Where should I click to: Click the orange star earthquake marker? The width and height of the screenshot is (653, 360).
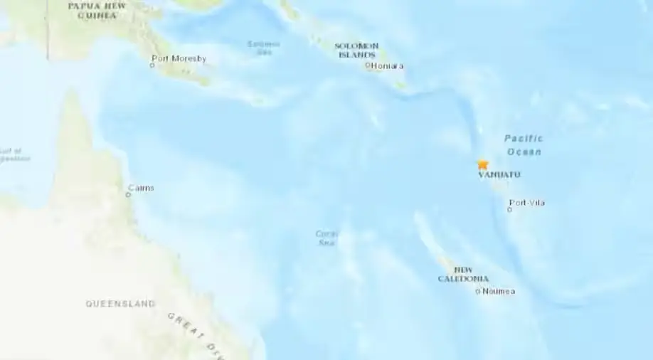click(x=483, y=164)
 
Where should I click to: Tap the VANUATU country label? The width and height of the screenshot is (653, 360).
click(x=499, y=175)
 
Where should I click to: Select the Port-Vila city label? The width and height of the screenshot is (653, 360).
click(x=528, y=203)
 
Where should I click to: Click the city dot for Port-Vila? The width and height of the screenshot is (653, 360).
click(x=509, y=210)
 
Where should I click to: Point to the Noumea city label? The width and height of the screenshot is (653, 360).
click(x=499, y=291)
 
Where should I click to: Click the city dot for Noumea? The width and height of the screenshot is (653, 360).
click(x=478, y=291)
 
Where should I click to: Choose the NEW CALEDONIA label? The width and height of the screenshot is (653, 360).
click(x=463, y=274)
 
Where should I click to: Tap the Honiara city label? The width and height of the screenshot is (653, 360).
click(x=388, y=66)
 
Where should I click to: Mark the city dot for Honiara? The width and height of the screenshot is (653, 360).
click(x=368, y=65)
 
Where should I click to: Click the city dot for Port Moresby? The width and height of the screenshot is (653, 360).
click(x=152, y=65)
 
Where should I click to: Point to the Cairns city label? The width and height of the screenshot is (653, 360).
click(x=141, y=188)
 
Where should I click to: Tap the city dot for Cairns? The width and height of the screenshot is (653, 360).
click(x=128, y=194)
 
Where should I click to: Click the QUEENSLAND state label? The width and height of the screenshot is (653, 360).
click(x=120, y=304)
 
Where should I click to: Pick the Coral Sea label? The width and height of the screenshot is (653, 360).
click(x=327, y=238)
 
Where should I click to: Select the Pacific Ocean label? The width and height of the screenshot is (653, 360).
click(x=524, y=145)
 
